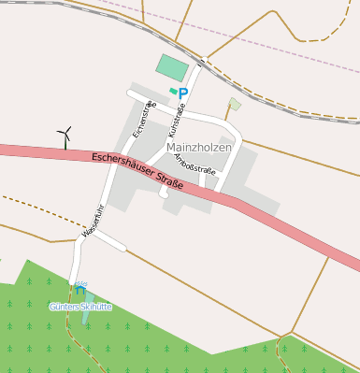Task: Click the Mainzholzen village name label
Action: pyautogui.click(x=199, y=148)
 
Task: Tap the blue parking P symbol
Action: pyautogui.click(x=183, y=93)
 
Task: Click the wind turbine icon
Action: pyautogui.click(x=65, y=136)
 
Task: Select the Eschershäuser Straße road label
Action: pyautogui.click(x=137, y=168)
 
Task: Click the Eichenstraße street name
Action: pyautogui.click(x=142, y=119)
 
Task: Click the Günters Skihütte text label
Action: pyautogui.click(x=80, y=306)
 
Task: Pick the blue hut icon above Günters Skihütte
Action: pyautogui.click(x=81, y=289)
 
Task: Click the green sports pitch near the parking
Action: pyautogui.click(x=172, y=67)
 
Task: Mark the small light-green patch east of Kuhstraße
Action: pyautogui.click(x=234, y=104)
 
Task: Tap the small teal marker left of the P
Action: pyautogui.click(x=172, y=91)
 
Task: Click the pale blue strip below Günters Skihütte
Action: pyautogui.click(x=87, y=315)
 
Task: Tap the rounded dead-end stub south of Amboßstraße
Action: pyautogui.click(x=164, y=194)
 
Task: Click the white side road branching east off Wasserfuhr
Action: pyautogui.click(x=108, y=239)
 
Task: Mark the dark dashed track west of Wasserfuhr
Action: pyautogui.click(x=37, y=208)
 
